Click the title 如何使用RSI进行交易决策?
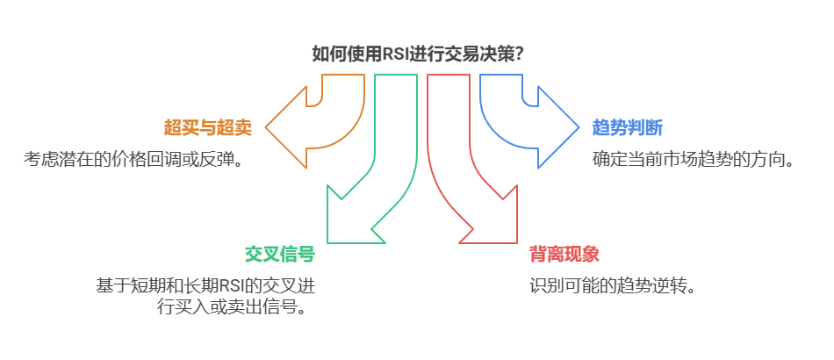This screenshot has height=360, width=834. pyautogui.click(x=418, y=54)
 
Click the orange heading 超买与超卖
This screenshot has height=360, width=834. pyautogui.click(x=208, y=128)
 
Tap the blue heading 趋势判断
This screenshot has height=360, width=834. pyautogui.click(x=628, y=128)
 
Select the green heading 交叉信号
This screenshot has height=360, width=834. pyautogui.click(x=279, y=255)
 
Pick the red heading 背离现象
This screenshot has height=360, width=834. pyautogui.click(x=564, y=255)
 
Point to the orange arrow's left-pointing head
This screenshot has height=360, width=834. pyautogui.click(x=285, y=128)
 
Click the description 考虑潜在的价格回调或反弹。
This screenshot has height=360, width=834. pyautogui.click(x=133, y=160)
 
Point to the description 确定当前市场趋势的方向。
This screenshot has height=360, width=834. pyautogui.click(x=693, y=160)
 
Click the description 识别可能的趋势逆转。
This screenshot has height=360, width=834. pyautogui.click(x=612, y=286)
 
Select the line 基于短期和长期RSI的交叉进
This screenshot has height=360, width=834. pyautogui.click(x=204, y=286)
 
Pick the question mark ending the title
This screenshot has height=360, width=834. pyautogui.click(x=520, y=54)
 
